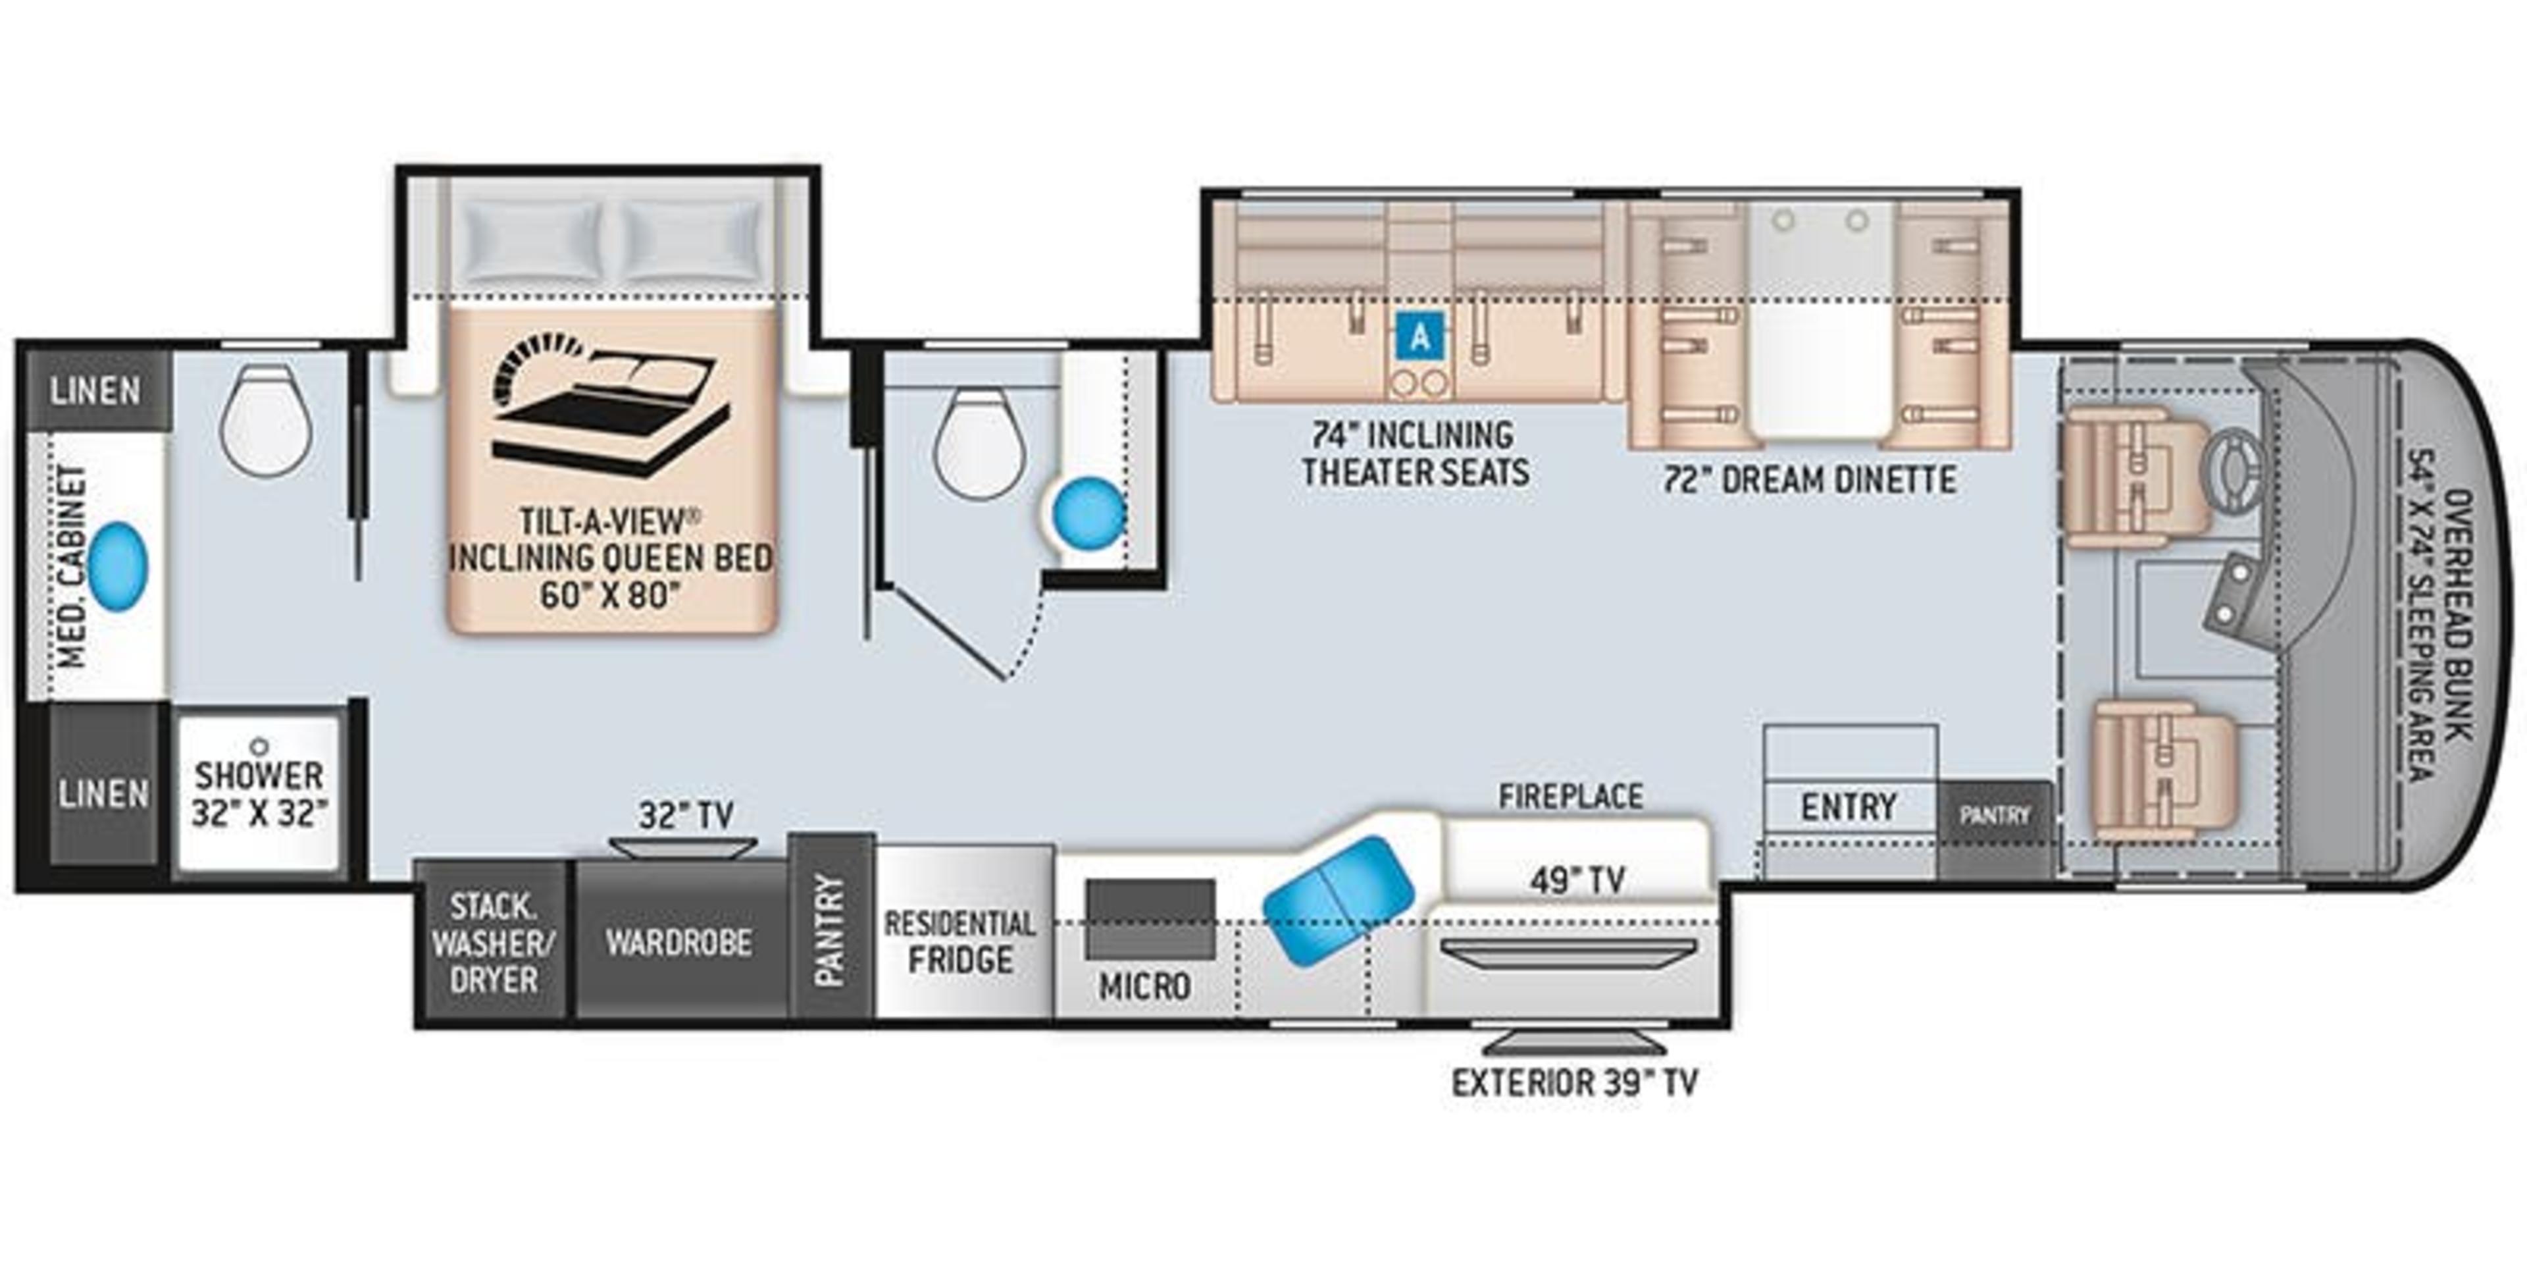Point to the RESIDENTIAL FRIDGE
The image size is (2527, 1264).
pyautogui.click(x=959, y=942)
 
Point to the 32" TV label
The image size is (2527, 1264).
pyautogui.click(x=686, y=814)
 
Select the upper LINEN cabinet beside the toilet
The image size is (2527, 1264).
pyautogui.click(x=96, y=390)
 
